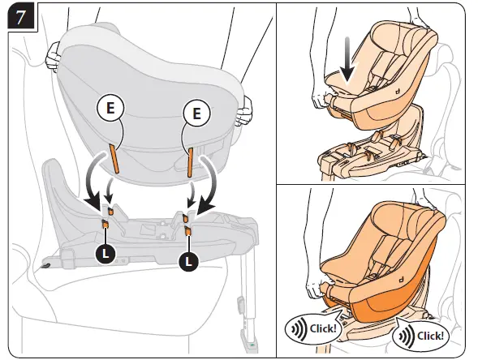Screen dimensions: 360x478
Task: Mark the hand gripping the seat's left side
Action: coord(54,55)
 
